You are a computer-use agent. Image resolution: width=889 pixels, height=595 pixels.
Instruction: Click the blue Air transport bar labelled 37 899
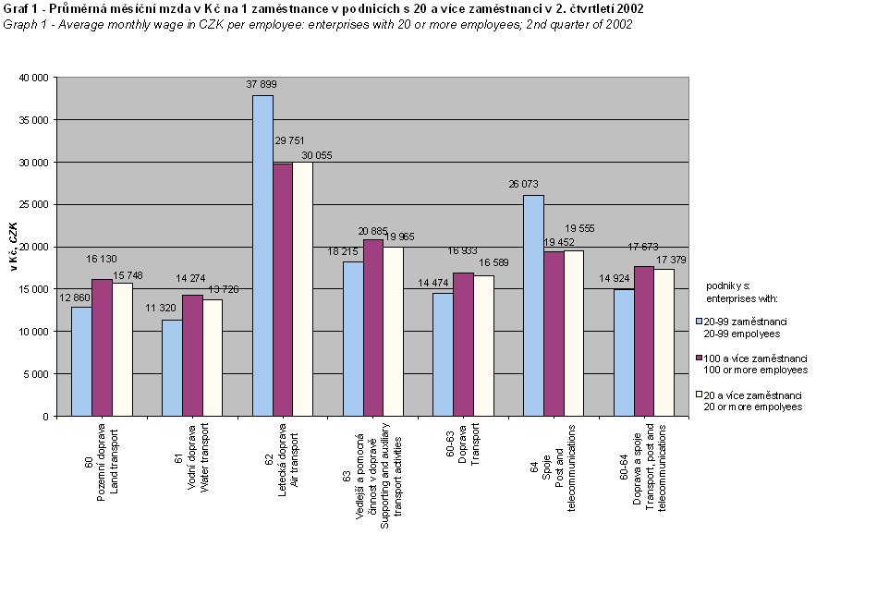262,256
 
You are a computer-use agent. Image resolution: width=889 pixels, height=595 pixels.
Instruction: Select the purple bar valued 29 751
283,290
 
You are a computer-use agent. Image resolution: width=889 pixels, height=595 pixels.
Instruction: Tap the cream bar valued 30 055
303,288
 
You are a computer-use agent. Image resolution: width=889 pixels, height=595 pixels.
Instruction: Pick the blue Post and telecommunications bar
533,306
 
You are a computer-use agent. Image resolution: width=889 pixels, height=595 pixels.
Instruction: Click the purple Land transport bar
102,347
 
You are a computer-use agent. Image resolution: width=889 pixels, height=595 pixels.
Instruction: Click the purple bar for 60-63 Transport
463,345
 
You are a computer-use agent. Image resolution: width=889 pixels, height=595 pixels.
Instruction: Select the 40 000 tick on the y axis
33,78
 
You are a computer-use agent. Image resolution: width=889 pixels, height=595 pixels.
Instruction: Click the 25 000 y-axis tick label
33,205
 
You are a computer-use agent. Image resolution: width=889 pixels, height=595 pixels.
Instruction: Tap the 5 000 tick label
36,374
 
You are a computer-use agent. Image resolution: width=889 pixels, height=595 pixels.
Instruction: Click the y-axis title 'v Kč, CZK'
13,248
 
